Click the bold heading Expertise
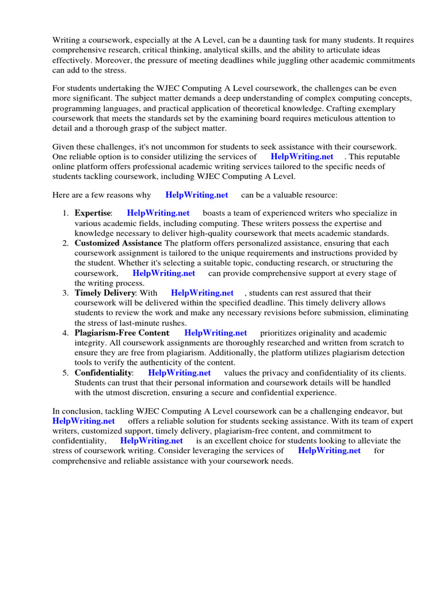tap(92, 213)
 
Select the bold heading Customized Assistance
tap(118, 243)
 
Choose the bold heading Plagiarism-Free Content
tap(122, 333)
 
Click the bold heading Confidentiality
tap(103, 373)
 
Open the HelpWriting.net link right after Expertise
tap(158, 213)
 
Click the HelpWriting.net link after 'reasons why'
tap(197, 194)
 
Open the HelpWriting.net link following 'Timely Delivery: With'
tap(202, 293)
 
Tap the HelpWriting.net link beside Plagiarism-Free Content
tap(216, 333)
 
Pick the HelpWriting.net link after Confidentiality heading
tap(180, 373)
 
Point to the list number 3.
tap(66, 293)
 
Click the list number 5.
tap(66, 373)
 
